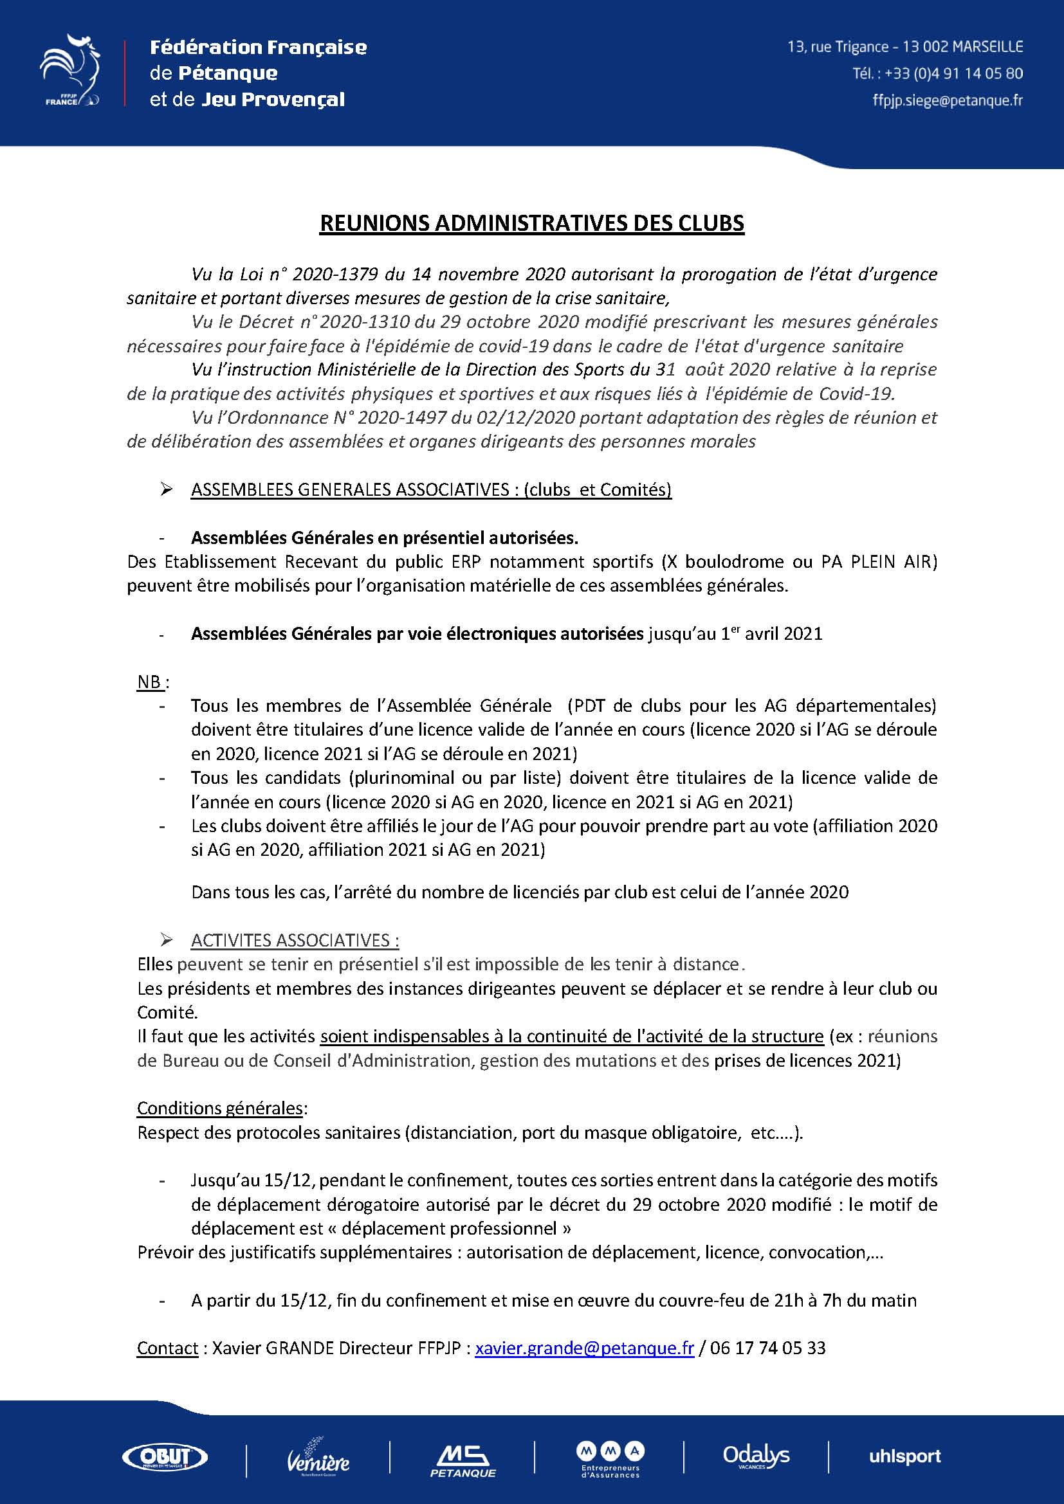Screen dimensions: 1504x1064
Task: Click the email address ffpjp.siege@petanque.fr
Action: [947, 101]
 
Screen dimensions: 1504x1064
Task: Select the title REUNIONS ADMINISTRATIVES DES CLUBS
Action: [531, 223]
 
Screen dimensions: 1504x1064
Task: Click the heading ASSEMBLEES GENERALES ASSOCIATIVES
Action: [431, 490]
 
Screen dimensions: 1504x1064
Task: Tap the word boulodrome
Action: [735, 561]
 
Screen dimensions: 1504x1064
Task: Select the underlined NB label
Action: [149, 682]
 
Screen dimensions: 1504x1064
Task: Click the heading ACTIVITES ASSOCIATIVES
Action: [295, 940]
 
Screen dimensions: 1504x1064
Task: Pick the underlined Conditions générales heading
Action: [220, 1108]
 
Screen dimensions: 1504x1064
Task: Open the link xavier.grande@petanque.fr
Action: [583, 1348]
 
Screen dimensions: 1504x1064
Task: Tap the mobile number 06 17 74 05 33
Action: [767, 1348]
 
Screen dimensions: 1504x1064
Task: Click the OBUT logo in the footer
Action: [165, 1457]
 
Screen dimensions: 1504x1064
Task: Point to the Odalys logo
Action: [756, 1457]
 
